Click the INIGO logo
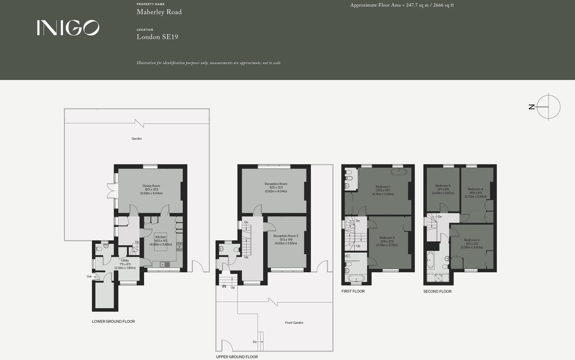click(68, 28)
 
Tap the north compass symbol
click(548, 107)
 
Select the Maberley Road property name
click(159, 12)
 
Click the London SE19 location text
click(157, 37)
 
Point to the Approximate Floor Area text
click(402, 5)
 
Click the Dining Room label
click(151, 186)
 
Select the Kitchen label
click(161, 237)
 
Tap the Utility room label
click(125, 261)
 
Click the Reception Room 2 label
click(286, 236)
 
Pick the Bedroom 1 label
click(383, 187)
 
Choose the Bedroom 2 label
click(387, 238)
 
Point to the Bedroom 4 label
click(475, 189)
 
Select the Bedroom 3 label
click(472, 240)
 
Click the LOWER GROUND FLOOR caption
click(113, 321)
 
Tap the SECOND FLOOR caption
click(437, 291)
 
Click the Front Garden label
click(294, 323)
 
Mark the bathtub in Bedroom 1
click(399, 172)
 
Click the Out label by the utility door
click(89, 276)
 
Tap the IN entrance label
click(224, 286)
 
